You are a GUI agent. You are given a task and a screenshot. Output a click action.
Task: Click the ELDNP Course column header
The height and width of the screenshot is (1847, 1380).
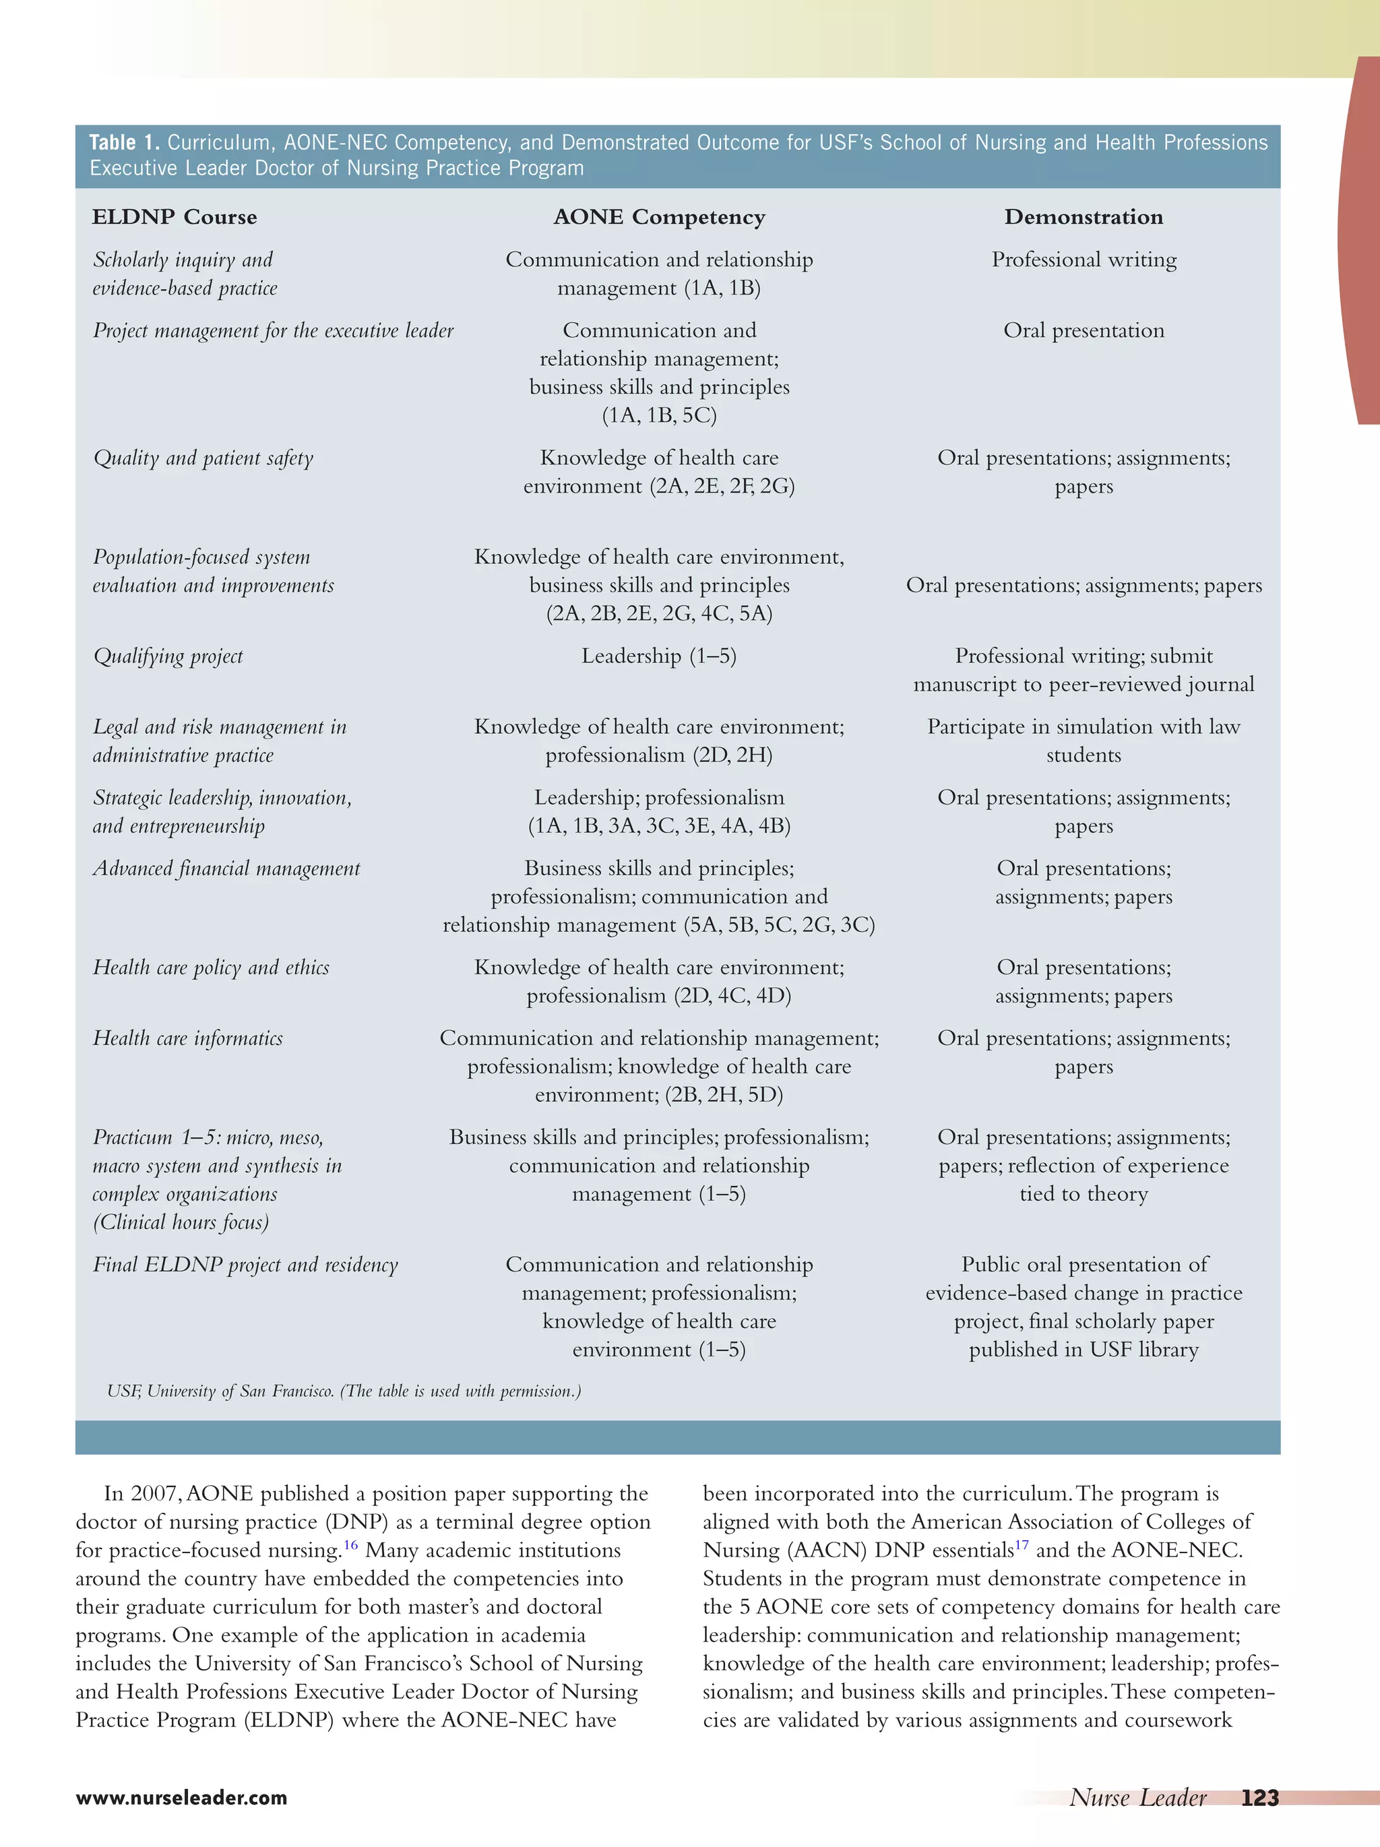pos(175,217)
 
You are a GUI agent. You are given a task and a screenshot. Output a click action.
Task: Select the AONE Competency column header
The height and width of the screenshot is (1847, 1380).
pos(659,217)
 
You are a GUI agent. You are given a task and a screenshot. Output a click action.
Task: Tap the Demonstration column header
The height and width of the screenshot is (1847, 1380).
pos(1083,217)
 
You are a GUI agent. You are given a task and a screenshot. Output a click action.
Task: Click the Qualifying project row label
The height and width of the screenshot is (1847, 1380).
pos(168,656)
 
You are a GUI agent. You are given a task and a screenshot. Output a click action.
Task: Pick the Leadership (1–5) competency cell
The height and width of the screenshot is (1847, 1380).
pos(659,656)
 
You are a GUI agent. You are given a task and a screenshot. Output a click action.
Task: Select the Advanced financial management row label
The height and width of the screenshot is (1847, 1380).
pos(226,869)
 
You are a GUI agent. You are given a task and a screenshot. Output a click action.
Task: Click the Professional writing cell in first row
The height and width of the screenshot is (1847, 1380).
pos(1084,259)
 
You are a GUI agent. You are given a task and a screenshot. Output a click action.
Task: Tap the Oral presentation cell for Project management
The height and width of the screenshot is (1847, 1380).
pos(1084,331)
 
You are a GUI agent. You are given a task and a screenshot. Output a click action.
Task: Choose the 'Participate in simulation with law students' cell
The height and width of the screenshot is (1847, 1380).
pos(1084,741)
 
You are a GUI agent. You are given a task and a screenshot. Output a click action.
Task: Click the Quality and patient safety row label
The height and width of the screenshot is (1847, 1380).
pos(203,458)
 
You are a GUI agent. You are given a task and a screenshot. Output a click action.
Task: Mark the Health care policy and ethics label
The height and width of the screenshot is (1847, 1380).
pos(210,968)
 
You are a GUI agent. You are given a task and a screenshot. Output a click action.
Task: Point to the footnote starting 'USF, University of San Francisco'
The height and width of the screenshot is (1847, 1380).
pos(343,1391)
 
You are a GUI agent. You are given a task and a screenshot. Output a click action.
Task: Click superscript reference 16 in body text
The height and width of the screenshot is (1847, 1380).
pos(350,1544)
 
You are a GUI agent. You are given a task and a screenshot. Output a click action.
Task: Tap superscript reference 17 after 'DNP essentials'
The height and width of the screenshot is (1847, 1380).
pos(1022,1544)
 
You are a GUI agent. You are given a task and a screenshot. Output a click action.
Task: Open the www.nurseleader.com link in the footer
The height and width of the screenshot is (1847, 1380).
pos(181,1798)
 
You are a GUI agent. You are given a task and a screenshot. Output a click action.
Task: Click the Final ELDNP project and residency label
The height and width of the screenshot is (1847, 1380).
pos(245,1264)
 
